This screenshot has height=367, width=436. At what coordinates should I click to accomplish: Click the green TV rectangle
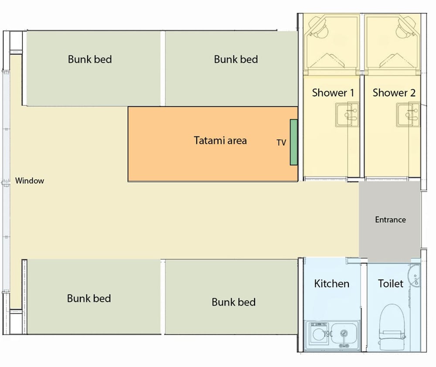[x=293, y=143]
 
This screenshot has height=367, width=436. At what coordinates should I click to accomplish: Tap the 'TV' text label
[x=281, y=143]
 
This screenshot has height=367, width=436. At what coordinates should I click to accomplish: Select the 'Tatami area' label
[x=220, y=140]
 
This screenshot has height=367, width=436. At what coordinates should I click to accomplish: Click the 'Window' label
[x=30, y=181]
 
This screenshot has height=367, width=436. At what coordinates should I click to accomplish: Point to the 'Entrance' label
[x=390, y=220]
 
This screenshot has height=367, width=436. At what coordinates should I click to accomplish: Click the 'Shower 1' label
[x=333, y=92]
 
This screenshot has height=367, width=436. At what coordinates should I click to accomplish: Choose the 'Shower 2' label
[x=394, y=92]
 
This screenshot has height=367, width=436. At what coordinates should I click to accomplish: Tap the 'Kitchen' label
[x=332, y=284]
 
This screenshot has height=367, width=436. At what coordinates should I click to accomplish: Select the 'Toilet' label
[x=390, y=284]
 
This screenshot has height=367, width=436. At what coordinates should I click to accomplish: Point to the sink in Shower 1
[x=347, y=115]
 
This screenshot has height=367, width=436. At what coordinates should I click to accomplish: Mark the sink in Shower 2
[x=408, y=115]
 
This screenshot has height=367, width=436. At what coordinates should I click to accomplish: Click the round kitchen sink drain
[x=344, y=333]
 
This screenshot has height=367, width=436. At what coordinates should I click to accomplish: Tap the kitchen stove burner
[x=318, y=333]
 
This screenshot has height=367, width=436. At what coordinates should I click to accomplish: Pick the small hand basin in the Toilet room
[x=414, y=275]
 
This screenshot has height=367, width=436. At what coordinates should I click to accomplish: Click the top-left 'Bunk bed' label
[x=90, y=59]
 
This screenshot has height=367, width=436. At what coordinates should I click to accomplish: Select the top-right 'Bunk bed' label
[x=236, y=59]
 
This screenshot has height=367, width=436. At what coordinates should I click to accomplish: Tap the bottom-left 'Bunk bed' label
[x=89, y=298]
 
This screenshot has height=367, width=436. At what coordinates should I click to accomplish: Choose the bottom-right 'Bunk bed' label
[x=234, y=302]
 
